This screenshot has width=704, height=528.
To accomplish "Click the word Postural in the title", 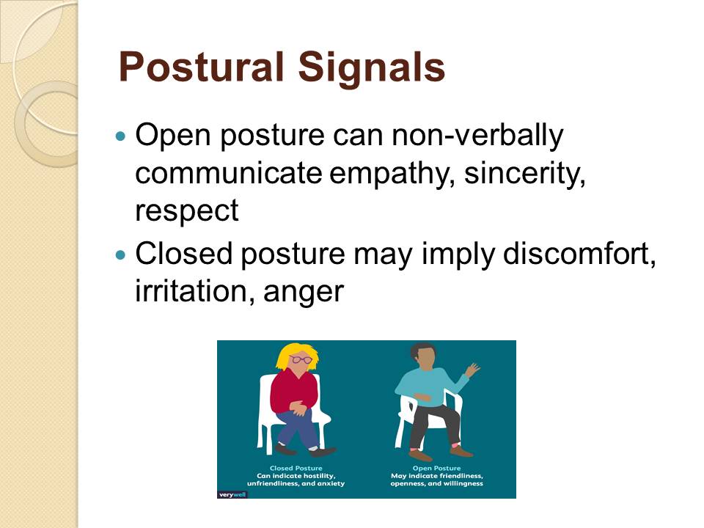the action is (202, 67).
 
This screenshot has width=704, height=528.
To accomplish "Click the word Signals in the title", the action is (371, 67).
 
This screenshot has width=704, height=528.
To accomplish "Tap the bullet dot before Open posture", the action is (120, 135).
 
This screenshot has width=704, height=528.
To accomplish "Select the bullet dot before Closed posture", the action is (120, 255).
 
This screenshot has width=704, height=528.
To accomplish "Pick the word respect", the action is (187, 211).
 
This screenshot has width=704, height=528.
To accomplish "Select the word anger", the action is (304, 293).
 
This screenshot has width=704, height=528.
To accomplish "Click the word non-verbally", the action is (477, 135).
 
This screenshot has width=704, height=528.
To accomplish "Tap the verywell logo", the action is (232, 494).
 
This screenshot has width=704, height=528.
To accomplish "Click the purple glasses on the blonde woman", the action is (301, 359).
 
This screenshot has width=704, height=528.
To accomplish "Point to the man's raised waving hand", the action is (472, 370).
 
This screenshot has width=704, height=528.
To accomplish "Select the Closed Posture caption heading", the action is (296, 468).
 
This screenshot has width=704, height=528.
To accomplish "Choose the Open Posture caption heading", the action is (437, 468).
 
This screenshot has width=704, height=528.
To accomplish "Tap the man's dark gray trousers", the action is (433, 423).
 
